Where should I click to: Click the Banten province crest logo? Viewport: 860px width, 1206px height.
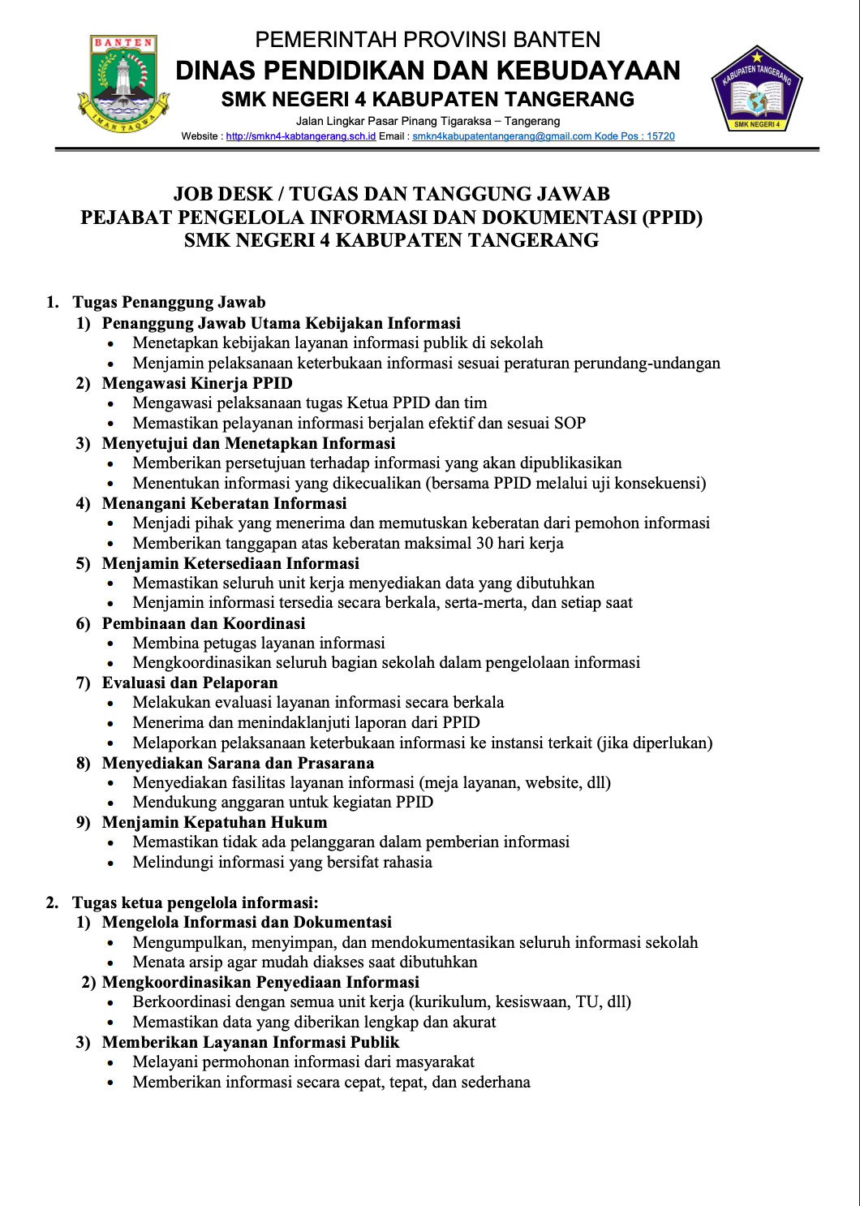pos(123,84)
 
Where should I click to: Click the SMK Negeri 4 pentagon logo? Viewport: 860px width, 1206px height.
pos(756,90)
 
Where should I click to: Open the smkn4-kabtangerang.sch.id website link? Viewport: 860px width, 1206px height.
pos(301,136)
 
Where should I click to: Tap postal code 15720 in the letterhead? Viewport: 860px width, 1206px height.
pos(660,136)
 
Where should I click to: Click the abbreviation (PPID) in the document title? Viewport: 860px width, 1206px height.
pos(672,218)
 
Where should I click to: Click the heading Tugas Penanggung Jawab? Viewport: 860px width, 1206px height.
pos(169,303)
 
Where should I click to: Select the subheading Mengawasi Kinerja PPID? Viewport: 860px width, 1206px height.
pos(197,383)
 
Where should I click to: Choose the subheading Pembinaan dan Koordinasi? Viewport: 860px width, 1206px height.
pos(204,623)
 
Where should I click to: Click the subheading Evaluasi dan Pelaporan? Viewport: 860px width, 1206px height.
pos(190,683)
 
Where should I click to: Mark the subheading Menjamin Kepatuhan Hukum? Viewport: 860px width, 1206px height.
pos(214,822)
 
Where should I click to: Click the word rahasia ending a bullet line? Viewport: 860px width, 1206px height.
pos(406,862)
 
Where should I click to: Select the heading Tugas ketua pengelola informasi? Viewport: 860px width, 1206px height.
pos(195,902)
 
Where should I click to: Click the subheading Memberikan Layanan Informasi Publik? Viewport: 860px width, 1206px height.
pos(251,1042)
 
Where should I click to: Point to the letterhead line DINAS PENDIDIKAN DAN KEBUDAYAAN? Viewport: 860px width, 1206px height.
pos(428,71)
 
